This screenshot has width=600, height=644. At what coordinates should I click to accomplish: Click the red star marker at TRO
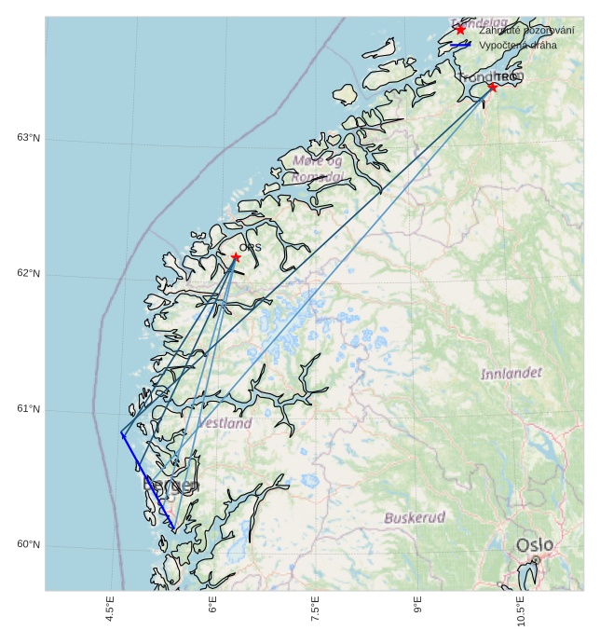point(492,87)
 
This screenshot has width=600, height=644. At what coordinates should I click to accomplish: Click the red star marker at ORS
point(236,257)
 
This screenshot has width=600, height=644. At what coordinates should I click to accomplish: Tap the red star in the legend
point(460,30)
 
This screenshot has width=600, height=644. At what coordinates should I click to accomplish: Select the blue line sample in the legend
point(460,45)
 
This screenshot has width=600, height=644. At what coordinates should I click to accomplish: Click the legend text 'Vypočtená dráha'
point(517,45)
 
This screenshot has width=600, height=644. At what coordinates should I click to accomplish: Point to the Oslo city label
point(535,544)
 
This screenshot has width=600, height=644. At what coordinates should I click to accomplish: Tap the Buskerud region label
point(415,517)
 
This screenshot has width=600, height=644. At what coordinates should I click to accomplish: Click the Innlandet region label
point(511,374)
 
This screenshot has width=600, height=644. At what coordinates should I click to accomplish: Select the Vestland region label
point(225,423)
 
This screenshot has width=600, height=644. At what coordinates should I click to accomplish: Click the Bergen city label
point(170,486)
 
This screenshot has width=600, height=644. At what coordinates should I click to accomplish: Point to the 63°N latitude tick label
point(28,138)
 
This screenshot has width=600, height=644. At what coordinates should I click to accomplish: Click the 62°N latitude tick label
point(28,274)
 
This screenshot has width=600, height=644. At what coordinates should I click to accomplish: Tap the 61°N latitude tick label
point(28,409)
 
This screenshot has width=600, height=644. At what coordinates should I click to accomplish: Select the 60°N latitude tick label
point(28,545)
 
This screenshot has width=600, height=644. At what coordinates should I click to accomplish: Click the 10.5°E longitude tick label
point(521,611)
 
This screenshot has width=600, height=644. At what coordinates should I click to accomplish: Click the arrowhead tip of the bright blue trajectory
point(121,433)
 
